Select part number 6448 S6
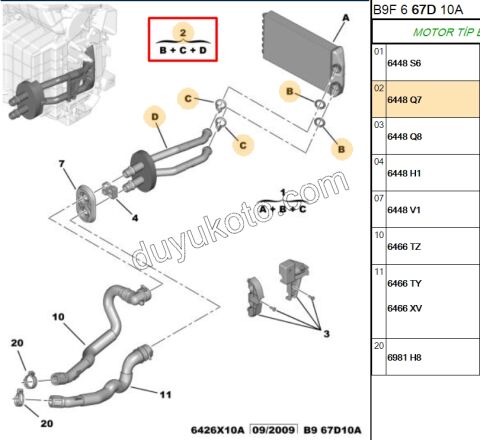pos(403,62)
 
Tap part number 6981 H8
pos(403,357)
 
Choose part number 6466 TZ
pos(403,246)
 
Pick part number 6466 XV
pos(403,307)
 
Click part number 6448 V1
pos(403,210)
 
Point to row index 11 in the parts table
pos(378,271)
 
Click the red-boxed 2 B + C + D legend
pos(183,40)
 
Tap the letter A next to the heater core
pos(345,18)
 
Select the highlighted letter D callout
pos(156,118)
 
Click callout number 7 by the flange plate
pos(61,163)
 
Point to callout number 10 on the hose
pos(58,318)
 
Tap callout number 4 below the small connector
pos(135,218)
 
